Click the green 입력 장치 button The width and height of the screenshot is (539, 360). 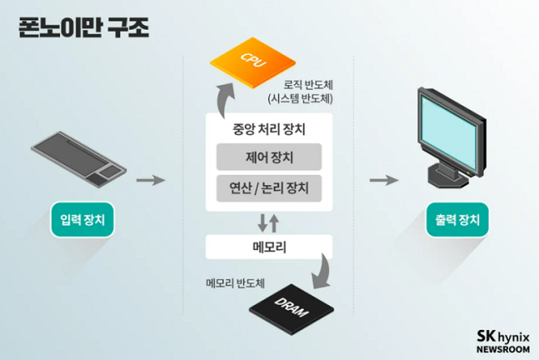pos(82,220)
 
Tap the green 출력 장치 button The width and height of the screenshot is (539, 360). pos(457,220)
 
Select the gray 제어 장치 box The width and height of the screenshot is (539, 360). pos(268,157)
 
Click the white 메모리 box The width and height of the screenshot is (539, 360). pos(268,247)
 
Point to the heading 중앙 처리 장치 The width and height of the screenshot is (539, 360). pos(268,129)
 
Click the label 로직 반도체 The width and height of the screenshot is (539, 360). pos(309,85)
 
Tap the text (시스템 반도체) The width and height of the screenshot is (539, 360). pos(301,99)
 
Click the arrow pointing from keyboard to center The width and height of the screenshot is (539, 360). pos(150,180)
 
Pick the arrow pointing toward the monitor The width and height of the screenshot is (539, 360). pos(384,180)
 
